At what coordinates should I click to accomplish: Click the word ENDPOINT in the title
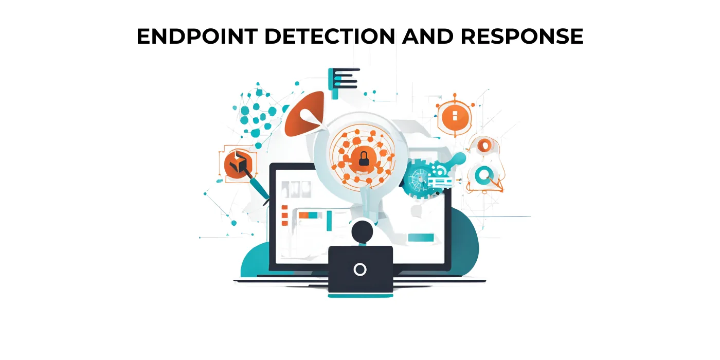(x=197, y=36)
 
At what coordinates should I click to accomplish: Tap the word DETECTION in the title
(x=330, y=36)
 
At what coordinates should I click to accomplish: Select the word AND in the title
(x=427, y=36)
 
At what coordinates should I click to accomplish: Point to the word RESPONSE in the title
(x=521, y=36)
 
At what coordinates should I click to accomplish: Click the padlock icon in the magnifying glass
(x=364, y=159)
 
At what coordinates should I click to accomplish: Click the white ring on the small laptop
(x=360, y=269)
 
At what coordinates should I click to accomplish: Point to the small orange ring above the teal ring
(x=484, y=145)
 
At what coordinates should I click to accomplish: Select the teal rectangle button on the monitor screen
(x=421, y=238)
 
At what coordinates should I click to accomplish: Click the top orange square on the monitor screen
(x=284, y=207)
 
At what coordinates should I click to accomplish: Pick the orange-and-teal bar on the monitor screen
(x=308, y=215)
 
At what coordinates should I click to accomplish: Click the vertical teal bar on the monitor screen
(x=329, y=221)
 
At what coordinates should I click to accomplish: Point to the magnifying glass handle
(x=366, y=203)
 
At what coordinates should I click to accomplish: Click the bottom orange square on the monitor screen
(x=284, y=223)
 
